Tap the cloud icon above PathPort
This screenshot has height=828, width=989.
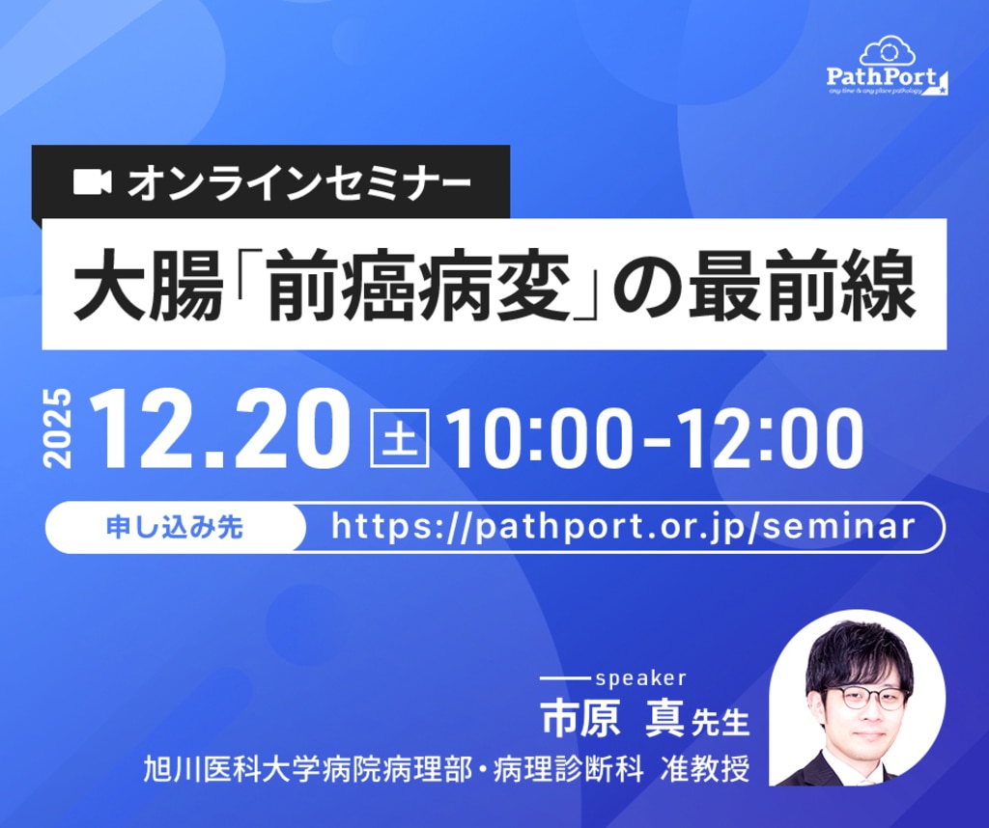tap(888, 50)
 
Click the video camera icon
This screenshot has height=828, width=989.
tap(93, 182)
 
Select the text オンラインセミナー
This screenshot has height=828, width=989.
tap(299, 182)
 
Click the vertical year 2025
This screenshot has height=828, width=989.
tap(58, 428)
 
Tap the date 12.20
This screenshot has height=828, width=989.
tap(219, 428)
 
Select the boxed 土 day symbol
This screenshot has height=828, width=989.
tap(400, 437)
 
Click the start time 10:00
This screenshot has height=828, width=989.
tap(541, 437)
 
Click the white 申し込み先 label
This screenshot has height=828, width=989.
tap(175, 528)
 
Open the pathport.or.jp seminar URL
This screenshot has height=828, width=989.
tap(623, 527)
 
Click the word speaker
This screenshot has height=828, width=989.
tap(640, 678)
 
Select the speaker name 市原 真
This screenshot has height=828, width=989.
tap(611, 718)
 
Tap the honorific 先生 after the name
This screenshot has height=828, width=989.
tap(720, 722)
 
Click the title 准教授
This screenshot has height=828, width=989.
tap(704, 769)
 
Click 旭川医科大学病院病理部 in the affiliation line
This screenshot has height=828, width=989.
tap(307, 769)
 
